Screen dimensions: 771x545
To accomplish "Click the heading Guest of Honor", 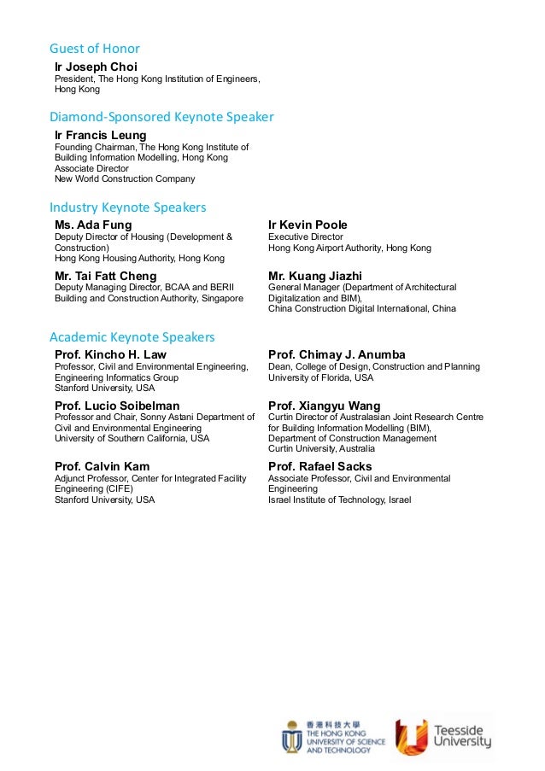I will (x=94, y=49).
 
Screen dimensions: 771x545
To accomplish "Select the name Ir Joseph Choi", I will (x=96, y=67).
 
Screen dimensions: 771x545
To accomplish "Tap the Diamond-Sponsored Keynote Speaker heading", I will (x=161, y=117).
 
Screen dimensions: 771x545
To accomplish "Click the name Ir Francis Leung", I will (x=100, y=135).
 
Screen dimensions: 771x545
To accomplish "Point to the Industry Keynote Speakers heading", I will (x=128, y=207).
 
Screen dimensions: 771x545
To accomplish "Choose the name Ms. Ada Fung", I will (x=93, y=225).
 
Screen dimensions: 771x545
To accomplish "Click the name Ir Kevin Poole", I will (x=308, y=225).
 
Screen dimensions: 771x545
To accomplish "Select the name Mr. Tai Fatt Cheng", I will (x=105, y=276).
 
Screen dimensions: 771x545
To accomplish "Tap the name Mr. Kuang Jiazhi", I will (x=314, y=276).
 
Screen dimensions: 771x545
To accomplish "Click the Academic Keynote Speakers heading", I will (x=132, y=337).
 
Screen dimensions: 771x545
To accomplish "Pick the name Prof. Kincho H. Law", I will (x=110, y=354).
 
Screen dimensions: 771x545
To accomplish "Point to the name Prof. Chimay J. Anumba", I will (x=337, y=354).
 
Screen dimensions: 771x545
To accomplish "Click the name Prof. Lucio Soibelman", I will (x=117, y=406).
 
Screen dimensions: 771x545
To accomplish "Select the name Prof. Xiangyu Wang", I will (x=324, y=406).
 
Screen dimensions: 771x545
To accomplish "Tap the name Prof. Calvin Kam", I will (x=102, y=466).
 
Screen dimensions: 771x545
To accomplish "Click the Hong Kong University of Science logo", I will (x=333, y=737).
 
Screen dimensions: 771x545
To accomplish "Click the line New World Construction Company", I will (x=125, y=179).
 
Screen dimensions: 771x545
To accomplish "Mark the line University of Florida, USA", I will (x=320, y=377).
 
